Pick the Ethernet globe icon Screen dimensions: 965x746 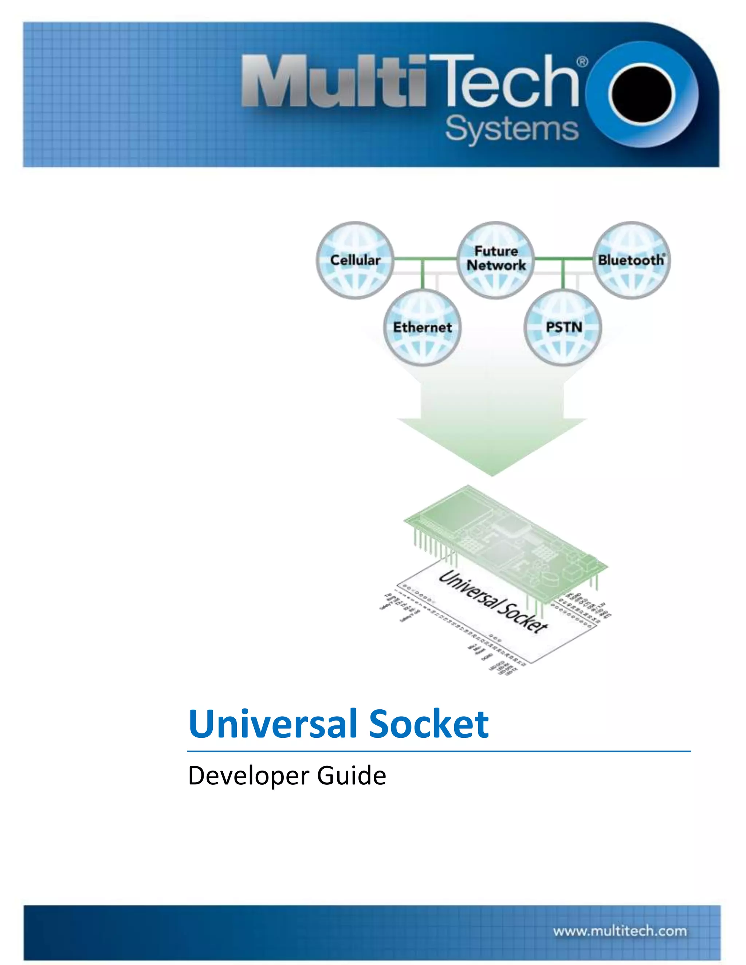pyautogui.click(x=422, y=327)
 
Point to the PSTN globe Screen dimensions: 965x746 pyautogui.click(x=563, y=327)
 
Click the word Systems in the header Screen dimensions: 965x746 pyautogui.click(x=511, y=129)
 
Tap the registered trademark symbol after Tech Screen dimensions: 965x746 pyautogui.click(x=582, y=62)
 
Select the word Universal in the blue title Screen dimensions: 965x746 pyautogui.click(x=272, y=724)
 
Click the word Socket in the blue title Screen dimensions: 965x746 pyautogui.click(x=429, y=724)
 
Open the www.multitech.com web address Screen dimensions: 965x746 pyautogui.click(x=620, y=931)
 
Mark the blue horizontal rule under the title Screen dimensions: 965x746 pyautogui.click(x=439, y=751)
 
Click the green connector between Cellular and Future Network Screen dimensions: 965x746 pyautogui.click(x=424, y=259)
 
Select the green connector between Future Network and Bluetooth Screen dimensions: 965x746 pyautogui.click(x=564, y=259)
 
